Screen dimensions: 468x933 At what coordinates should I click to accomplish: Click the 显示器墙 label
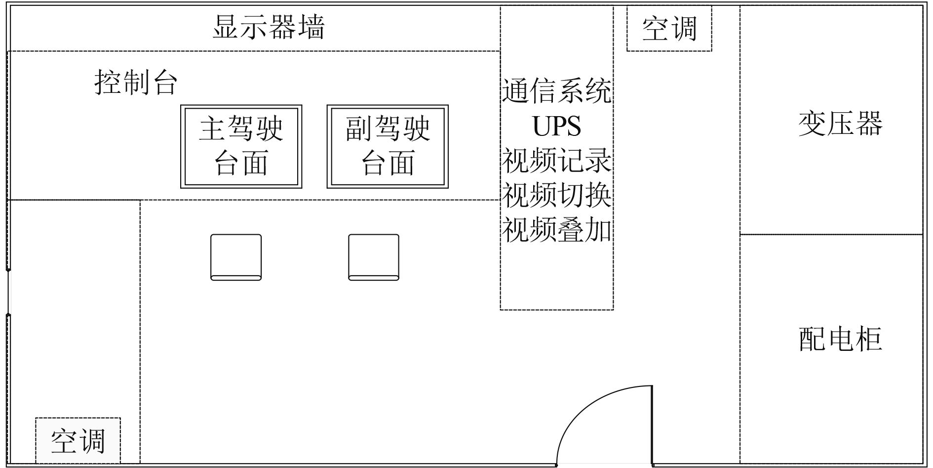point(269,27)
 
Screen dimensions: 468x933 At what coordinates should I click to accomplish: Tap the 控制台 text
point(136,82)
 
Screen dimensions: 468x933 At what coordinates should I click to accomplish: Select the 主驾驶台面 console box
point(241,146)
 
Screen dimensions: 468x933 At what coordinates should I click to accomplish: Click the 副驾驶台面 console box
point(388,146)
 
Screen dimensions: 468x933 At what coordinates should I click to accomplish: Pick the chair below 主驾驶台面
point(236,257)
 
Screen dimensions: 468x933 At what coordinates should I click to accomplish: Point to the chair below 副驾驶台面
point(374,257)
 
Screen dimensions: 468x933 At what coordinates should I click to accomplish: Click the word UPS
point(556,126)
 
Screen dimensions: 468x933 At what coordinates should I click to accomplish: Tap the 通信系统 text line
point(556,91)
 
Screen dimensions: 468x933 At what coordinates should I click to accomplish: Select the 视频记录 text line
point(556,161)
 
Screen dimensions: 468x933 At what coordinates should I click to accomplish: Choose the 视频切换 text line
point(556,195)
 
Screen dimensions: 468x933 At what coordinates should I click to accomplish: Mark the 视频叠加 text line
point(556,230)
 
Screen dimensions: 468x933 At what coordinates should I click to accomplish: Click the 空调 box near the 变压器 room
point(669,28)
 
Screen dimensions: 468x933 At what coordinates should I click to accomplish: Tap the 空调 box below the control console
point(78,441)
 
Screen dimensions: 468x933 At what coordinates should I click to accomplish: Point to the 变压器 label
point(840,124)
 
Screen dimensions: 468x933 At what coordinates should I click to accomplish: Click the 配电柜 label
point(840,340)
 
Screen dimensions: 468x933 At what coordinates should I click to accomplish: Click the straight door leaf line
point(652,425)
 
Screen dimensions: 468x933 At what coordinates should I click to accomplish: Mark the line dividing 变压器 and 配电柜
point(831,234)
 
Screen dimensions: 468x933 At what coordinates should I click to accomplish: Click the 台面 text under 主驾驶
point(241,163)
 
